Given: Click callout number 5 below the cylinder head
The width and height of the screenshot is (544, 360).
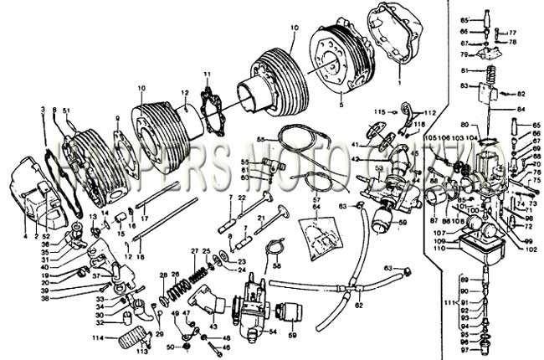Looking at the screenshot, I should coord(341,106).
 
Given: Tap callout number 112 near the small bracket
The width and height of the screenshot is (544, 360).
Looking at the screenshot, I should coord(431,112).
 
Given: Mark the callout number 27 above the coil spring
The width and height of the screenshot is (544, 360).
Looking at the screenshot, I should coord(194,251).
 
